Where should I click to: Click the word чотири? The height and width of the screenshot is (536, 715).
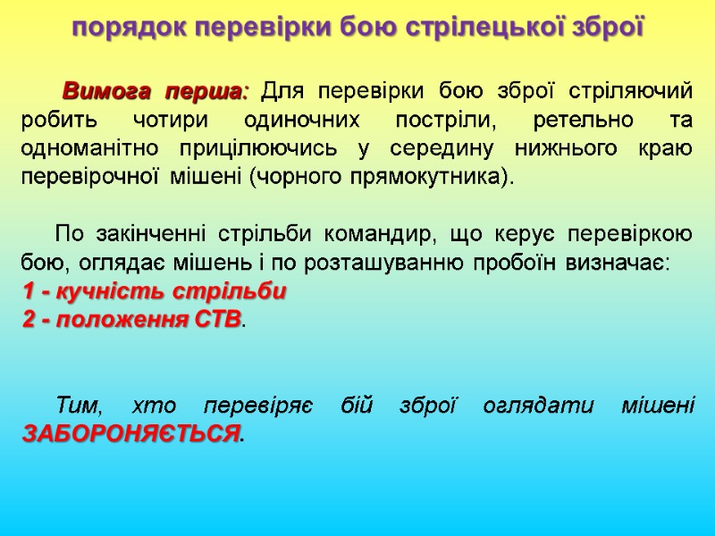(x=162, y=121)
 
